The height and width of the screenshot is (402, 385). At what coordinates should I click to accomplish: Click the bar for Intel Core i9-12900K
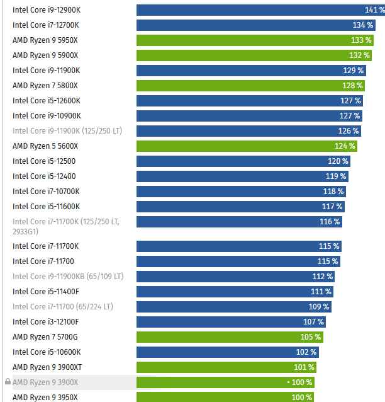(258, 10)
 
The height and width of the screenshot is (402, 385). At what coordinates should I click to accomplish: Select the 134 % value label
(363, 25)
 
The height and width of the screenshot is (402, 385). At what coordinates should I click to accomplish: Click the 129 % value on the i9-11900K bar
(353, 71)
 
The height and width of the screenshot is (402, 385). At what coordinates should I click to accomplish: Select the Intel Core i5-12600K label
(47, 101)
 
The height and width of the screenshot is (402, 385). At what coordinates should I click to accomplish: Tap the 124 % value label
(345, 146)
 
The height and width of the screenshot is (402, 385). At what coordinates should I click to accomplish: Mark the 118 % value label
(333, 192)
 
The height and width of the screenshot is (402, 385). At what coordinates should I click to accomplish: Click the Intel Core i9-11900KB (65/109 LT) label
(68, 277)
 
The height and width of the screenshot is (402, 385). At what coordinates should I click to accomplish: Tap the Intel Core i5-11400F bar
(234, 292)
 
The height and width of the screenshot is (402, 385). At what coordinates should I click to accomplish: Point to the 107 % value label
(313, 322)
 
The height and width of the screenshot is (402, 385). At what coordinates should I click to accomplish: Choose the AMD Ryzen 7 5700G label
(45, 337)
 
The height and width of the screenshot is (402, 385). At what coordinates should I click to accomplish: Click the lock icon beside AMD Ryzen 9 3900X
(8, 382)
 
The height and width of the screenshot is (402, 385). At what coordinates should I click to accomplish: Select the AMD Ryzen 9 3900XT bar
(225, 367)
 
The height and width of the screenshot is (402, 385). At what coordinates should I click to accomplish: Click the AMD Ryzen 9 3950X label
(45, 397)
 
